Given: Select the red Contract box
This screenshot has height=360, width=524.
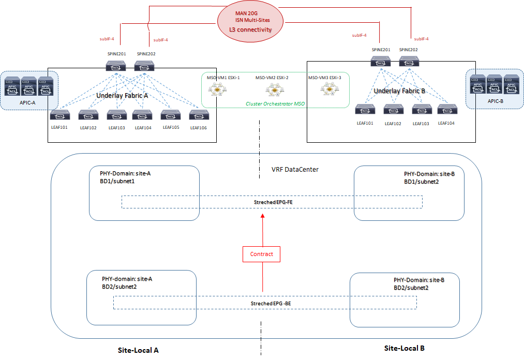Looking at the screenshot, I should pos(261,254).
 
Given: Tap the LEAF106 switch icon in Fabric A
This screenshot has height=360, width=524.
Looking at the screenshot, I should pos(198,114).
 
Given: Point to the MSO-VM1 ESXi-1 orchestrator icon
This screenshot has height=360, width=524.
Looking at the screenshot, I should pos(216,90).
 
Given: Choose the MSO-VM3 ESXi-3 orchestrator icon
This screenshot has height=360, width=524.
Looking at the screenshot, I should pos(327,90).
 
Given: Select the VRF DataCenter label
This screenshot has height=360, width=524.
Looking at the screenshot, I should pos(295,170).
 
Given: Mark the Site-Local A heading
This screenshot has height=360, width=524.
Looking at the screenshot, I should pos(138,350).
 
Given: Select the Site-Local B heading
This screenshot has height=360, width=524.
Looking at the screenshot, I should pos(405,348).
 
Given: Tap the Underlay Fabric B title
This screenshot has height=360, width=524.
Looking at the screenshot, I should pos(399,91).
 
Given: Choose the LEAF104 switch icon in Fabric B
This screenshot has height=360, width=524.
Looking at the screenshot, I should pos(446,110).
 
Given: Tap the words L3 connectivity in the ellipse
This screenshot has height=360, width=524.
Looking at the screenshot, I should pos(250,29).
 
